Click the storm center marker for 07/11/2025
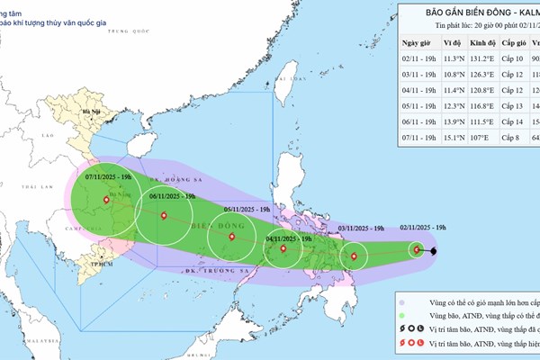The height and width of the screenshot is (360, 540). point(107,200)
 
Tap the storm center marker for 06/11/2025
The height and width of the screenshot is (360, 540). point(164,215)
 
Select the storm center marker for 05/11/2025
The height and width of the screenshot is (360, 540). point(232,238)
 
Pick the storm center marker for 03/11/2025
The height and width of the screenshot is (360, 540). point(354,256)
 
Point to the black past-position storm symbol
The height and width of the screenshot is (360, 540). point(433,250)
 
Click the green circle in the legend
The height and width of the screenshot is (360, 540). point(402,317)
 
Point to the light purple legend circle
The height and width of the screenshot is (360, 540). point(402,302)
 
